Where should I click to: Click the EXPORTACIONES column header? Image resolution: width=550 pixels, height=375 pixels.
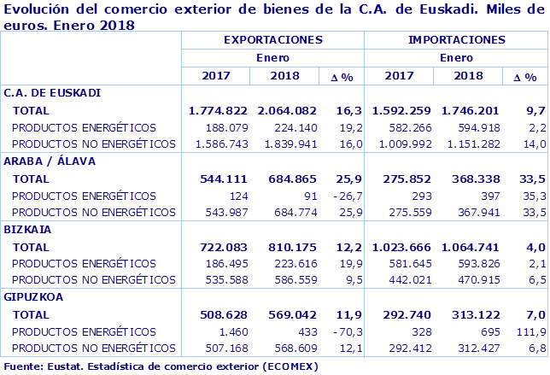tap(272, 40)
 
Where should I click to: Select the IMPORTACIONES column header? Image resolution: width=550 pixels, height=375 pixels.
tap(456, 40)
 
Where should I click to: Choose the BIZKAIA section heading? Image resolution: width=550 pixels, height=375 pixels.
tap(28, 230)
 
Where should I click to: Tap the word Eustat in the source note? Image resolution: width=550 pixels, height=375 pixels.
tap(61, 366)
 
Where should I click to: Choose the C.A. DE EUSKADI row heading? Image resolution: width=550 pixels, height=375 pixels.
tap(53, 91)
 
